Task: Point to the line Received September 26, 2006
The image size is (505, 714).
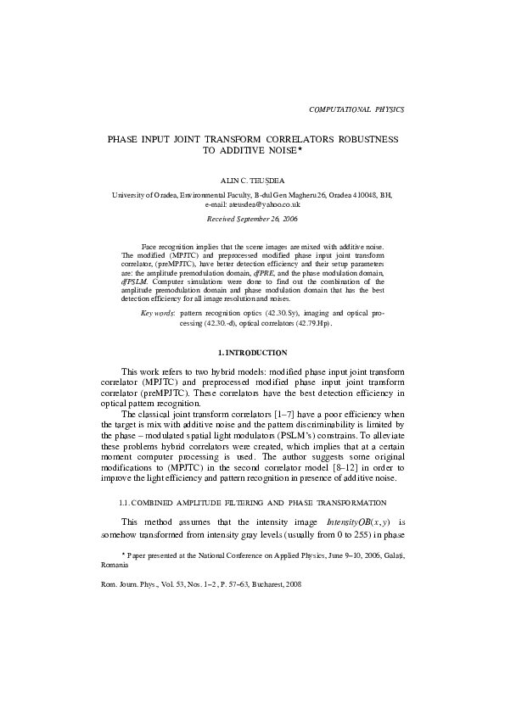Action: click(252, 219)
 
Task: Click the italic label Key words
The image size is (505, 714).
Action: click(158, 313)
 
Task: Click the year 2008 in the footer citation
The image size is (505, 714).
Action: click(293, 584)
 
